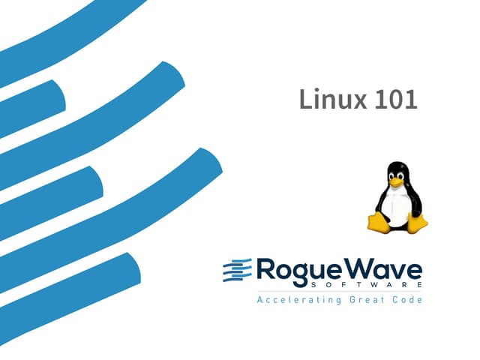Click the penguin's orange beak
point(397,182)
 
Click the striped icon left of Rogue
point(237,269)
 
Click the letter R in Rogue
point(265,268)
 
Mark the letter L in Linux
point(304,99)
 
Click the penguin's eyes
point(396,175)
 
